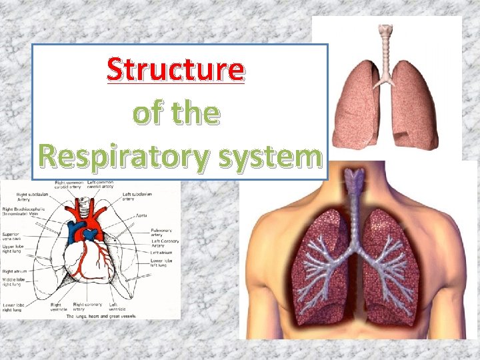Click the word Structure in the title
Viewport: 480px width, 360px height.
(x=176, y=70)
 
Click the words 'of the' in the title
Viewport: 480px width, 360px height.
(x=176, y=113)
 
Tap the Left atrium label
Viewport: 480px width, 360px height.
(x=161, y=252)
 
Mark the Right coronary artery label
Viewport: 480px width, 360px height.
(x=87, y=307)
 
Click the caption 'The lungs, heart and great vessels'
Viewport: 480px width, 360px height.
(x=92, y=317)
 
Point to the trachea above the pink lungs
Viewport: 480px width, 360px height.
(x=384, y=50)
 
